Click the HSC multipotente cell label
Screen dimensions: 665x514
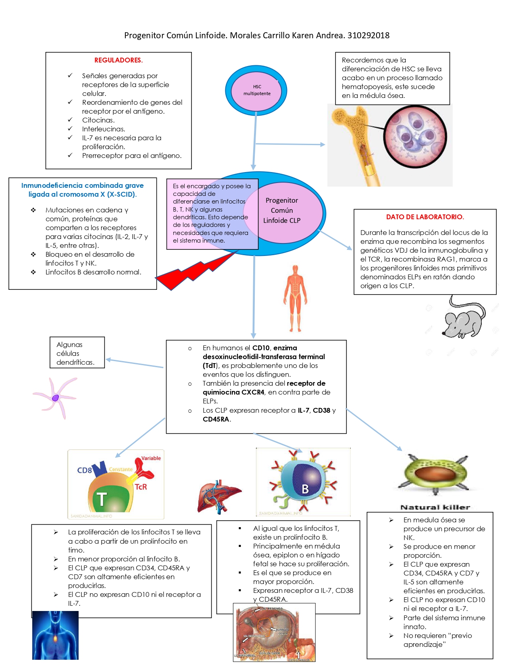click(257, 90)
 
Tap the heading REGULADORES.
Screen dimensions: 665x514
click(119, 60)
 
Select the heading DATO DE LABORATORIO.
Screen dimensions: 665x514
click(425, 217)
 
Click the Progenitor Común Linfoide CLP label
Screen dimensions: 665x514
click(282, 210)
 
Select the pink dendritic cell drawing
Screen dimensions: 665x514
click(55, 397)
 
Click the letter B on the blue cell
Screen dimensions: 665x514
click(305, 489)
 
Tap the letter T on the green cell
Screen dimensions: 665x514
click(101, 499)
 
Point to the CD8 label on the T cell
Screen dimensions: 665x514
click(84, 470)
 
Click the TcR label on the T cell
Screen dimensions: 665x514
click(141, 487)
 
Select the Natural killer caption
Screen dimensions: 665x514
click(435, 507)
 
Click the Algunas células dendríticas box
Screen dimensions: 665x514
click(77, 353)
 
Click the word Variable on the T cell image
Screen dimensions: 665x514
click(151, 458)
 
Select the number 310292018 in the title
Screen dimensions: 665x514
click(368, 35)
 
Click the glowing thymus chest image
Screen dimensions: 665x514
click(55, 636)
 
